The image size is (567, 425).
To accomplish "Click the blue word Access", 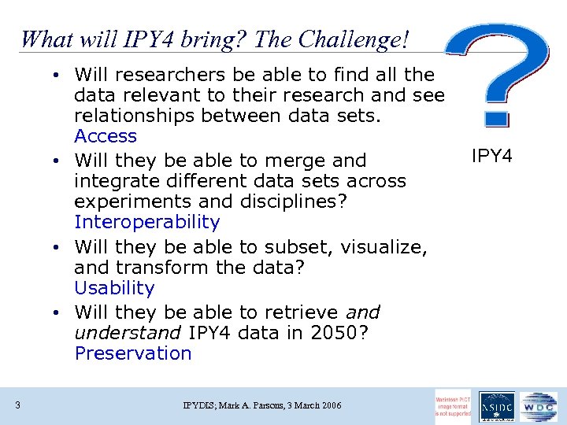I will point(106,136).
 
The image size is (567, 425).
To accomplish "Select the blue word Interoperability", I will point(146,222).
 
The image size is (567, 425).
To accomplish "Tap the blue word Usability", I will point(114,288).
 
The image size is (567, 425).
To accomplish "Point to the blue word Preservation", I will point(133,353).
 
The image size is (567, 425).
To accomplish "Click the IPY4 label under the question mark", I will point(491,157).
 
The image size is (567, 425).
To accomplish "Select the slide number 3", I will point(17,405).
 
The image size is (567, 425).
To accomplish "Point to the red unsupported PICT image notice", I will point(454,406).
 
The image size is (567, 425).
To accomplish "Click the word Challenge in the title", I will point(350,39).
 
